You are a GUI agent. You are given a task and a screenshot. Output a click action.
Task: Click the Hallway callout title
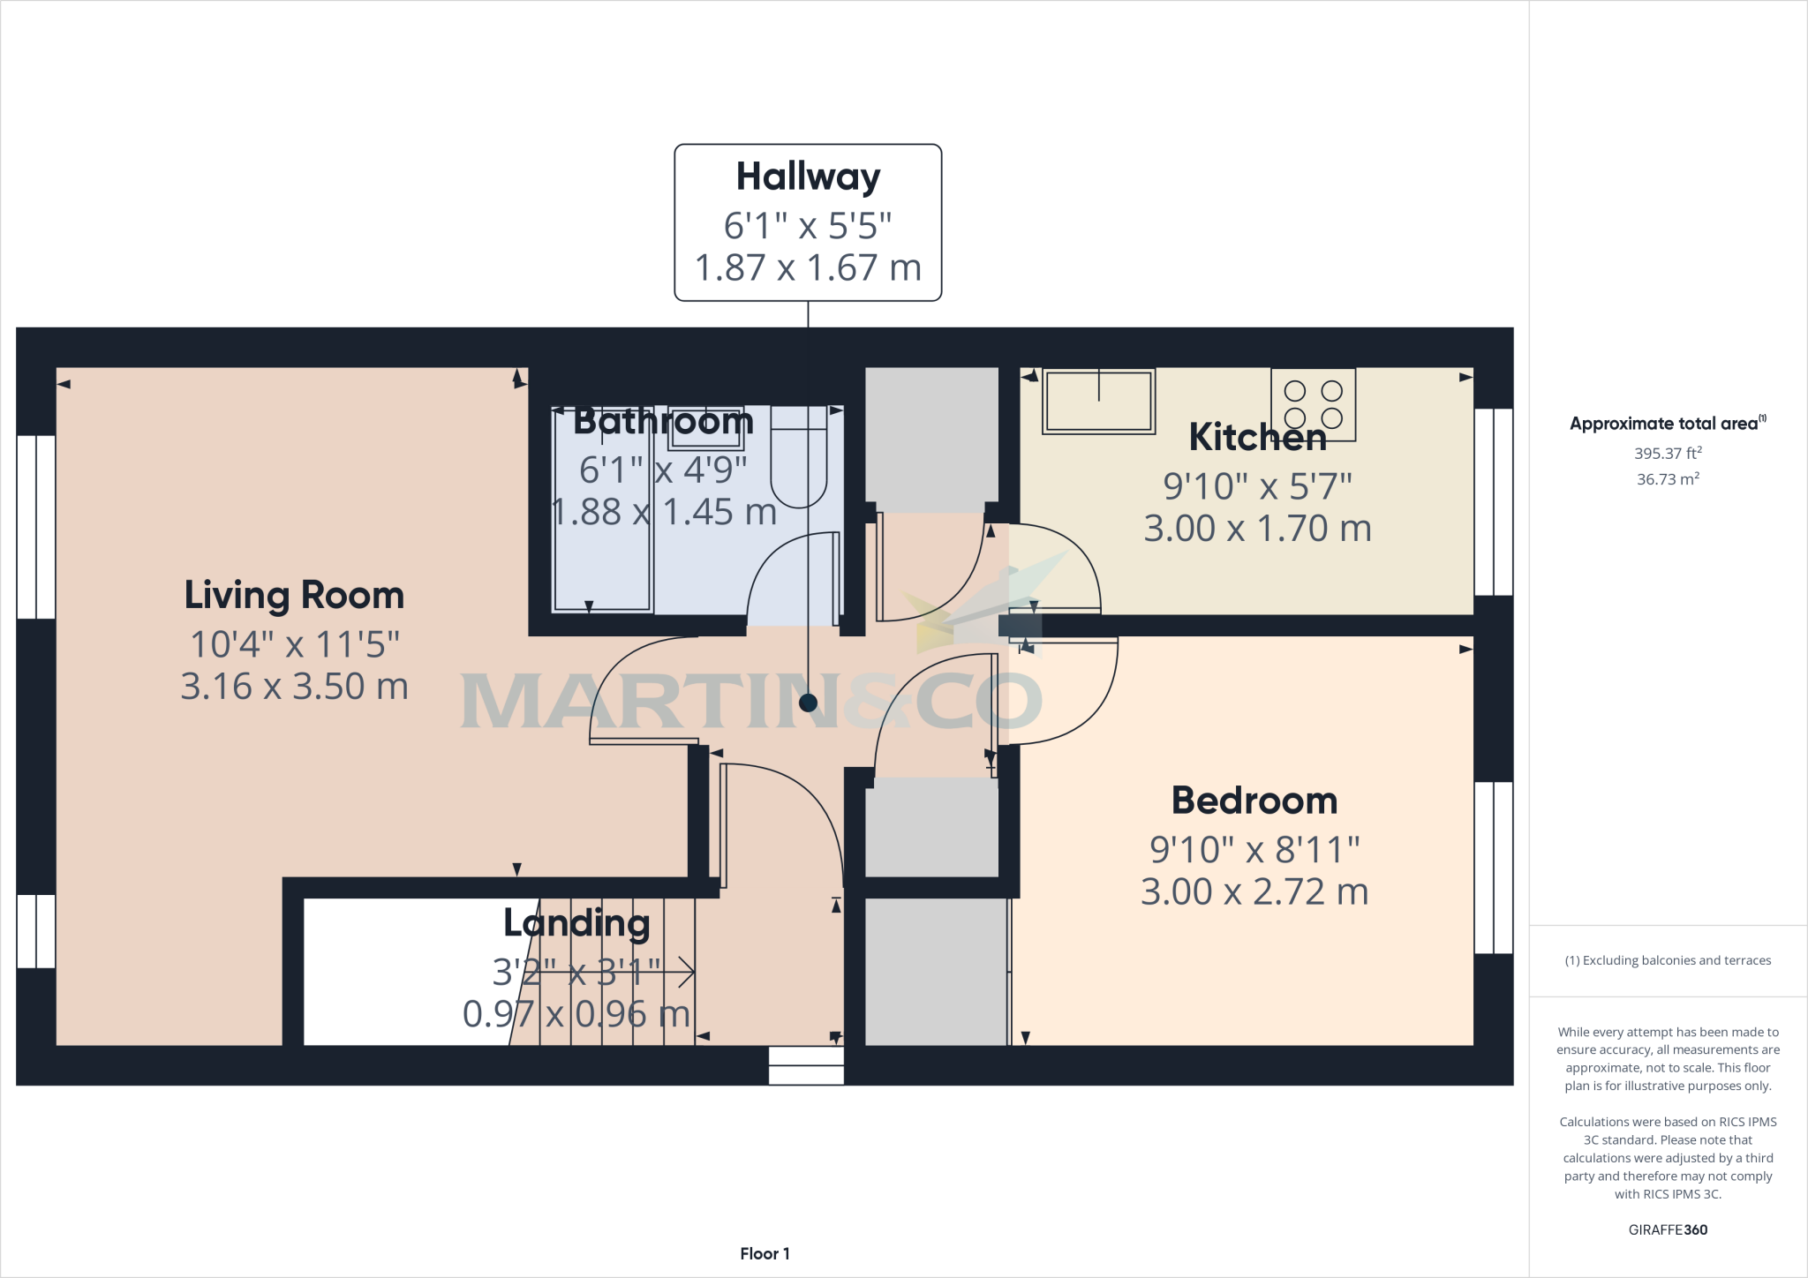[x=808, y=177]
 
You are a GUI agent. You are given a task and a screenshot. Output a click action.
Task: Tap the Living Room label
[x=294, y=596]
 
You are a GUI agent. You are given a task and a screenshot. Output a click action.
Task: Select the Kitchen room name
[x=1257, y=437]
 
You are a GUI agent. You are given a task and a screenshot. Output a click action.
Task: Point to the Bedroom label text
[x=1254, y=801]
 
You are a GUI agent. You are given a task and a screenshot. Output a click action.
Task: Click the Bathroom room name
[x=663, y=422]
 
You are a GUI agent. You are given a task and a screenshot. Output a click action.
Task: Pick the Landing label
[x=576, y=923]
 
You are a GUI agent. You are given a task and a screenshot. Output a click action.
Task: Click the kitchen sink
[x=1098, y=402]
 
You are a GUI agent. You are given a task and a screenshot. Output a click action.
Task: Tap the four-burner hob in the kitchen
[x=1313, y=404]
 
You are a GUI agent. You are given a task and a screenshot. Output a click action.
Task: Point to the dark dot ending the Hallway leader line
[x=808, y=703]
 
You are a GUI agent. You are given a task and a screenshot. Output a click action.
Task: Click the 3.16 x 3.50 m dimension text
[x=294, y=687]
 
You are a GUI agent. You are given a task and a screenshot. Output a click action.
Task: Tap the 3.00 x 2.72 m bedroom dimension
[x=1254, y=892]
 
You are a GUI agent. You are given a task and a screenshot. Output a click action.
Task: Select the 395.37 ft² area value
[x=1667, y=454]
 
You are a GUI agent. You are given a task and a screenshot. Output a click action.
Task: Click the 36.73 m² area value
[x=1667, y=479]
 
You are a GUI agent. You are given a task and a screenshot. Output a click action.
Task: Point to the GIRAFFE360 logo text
[x=1667, y=1229]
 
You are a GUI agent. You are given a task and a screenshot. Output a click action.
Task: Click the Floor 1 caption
[x=765, y=1253]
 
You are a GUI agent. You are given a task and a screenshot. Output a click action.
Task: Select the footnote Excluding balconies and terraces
[x=1667, y=960]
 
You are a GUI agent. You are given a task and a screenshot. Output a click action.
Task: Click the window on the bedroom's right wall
[x=1494, y=868]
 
